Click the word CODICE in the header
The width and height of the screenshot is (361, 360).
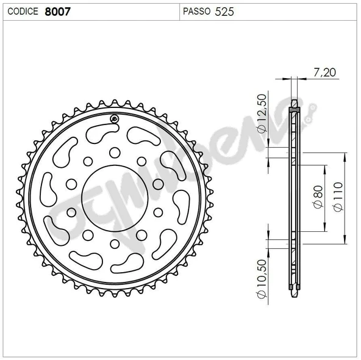coord(23,11)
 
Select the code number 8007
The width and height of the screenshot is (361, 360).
coord(57,12)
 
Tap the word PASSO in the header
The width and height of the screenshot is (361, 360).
coord(196,11)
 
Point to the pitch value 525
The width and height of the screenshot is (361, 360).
coord(224,12)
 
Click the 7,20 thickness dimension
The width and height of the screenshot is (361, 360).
coord(324,73)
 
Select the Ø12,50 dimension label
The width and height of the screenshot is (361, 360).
coord(262,113)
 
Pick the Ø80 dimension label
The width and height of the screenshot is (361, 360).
coord(318,196)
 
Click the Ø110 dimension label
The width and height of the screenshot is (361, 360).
coord(338,196)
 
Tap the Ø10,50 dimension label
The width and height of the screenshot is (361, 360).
coord(262,279)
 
